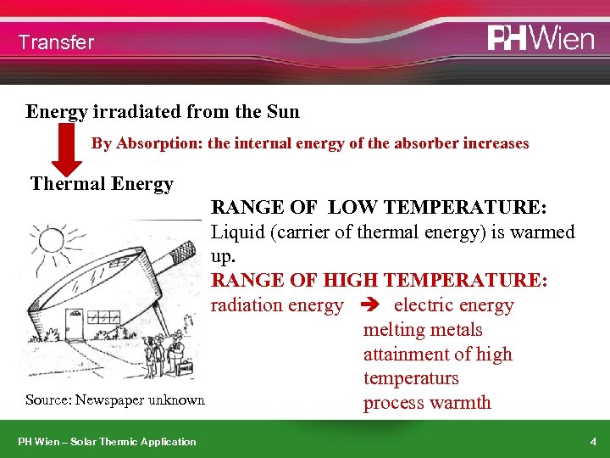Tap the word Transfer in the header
(56, 42)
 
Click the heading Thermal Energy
(102, 184)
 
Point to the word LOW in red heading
(356, 208)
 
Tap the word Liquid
(237, 232)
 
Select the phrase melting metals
(423, 330)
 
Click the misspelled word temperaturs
(411, 378)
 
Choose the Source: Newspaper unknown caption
(115, 400)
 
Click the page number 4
(593, 442)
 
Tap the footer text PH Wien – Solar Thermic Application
(108, 442)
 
